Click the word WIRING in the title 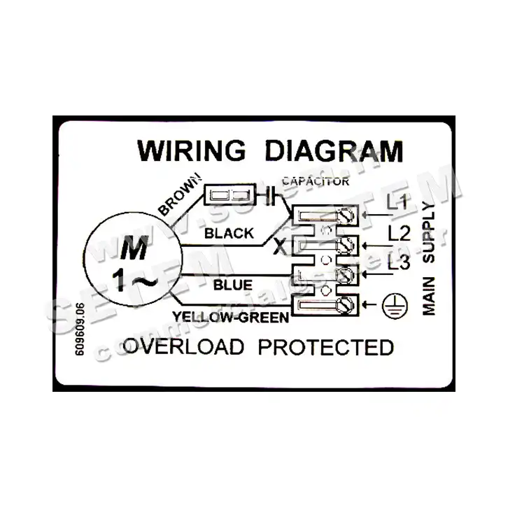[x=191, y=150]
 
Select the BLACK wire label [x=229, y=234]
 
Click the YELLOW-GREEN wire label [x=232, y=318]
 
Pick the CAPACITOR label [x=315, y=181]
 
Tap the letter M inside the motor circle [x=130, y=248]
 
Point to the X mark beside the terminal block [x=279, y=246]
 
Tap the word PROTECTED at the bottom [x=325, y=347]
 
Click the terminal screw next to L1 [x=344, y=212]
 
